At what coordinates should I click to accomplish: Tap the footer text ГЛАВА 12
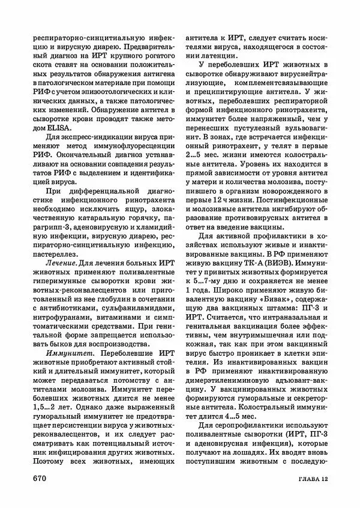(309, 479)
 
